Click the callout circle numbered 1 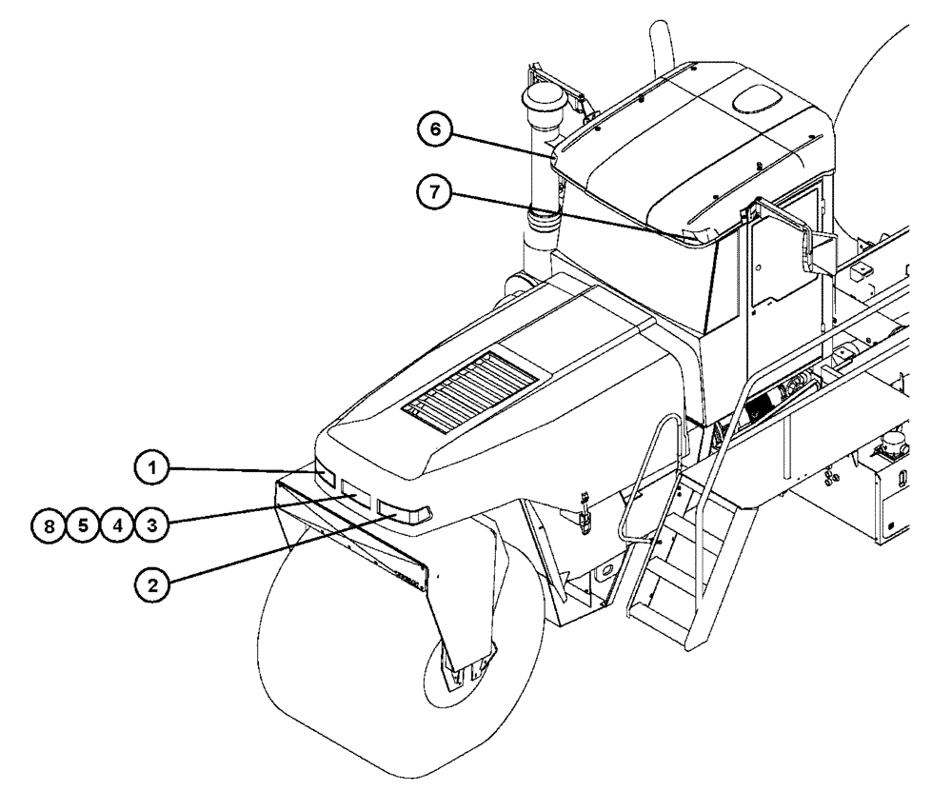point(150,467)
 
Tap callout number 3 point(149,523)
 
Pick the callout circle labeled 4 point(116,523)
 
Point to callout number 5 point(84,523)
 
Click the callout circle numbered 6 point(436,131)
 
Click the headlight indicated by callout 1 point(326,478)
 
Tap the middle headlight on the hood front point(357,494)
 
